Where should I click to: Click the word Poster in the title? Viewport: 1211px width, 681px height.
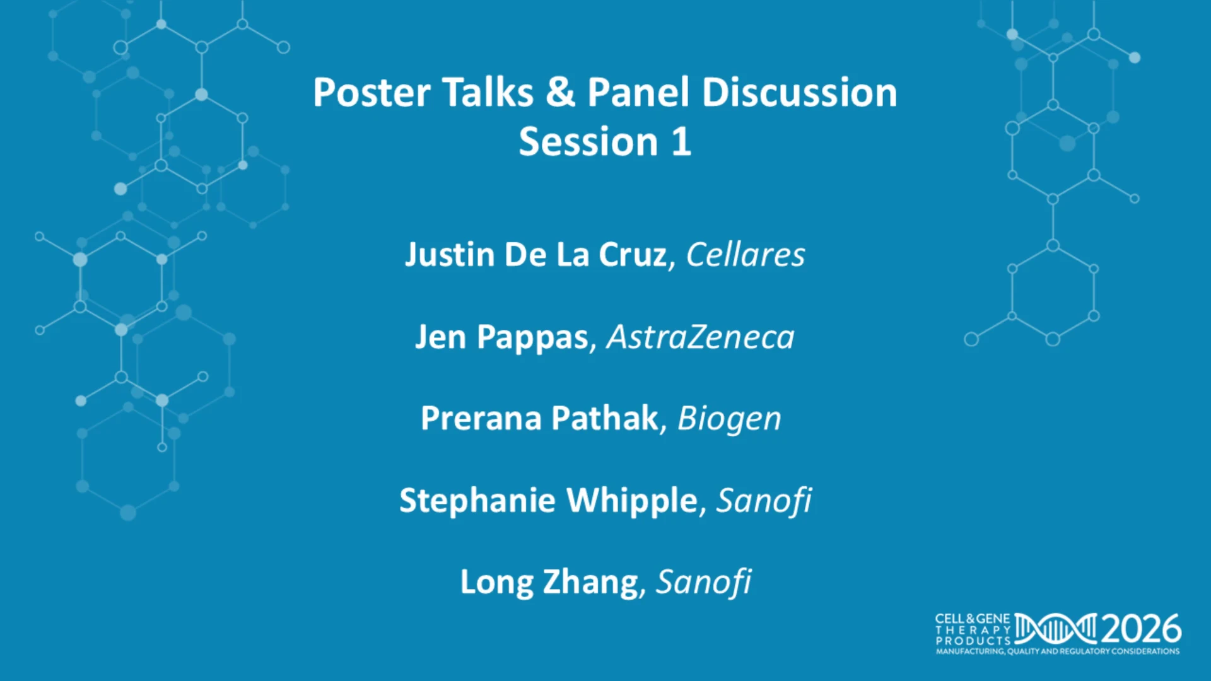click(371, 93)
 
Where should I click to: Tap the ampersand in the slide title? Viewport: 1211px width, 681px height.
click(561, 92)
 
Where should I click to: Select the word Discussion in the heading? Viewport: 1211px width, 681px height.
click(799, 93)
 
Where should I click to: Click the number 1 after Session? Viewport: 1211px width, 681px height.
click(681, 142)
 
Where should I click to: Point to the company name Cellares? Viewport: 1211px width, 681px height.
click(746, 255)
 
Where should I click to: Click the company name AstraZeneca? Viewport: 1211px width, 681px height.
click(700, 337)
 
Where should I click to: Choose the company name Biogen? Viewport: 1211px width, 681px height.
click(729, 419)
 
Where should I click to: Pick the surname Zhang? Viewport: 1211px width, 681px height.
click(590, 582)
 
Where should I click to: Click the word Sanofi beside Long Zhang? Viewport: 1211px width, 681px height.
click(704, 582)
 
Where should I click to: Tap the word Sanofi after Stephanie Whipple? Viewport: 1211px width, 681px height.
click(764, 501)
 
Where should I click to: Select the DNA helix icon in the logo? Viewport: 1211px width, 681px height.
click(1056, 629)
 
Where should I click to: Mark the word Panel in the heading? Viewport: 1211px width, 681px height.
click(638, 93)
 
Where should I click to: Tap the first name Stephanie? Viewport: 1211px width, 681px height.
click(477, 501)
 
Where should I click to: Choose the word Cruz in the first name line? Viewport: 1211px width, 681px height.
click(633, 255)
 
